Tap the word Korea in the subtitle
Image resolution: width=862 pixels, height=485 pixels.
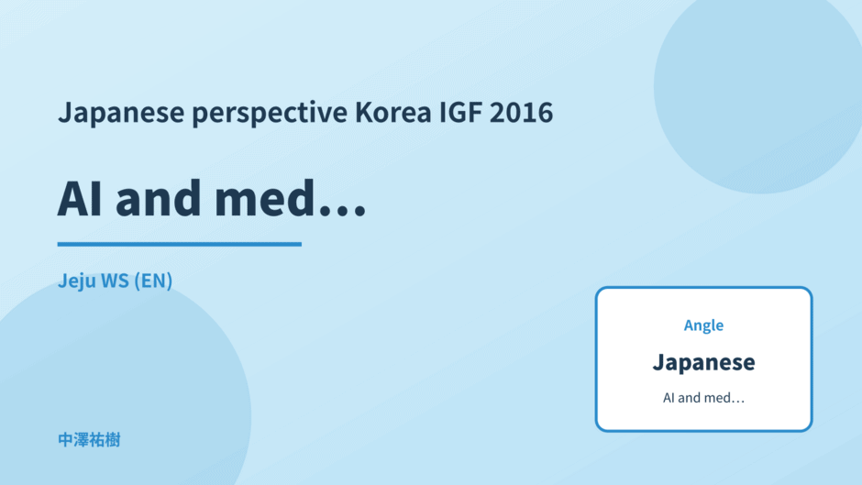[x=393, y=112]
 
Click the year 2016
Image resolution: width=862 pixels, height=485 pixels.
[x=521, y=112]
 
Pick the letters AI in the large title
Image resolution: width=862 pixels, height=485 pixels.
[x=80, y=199]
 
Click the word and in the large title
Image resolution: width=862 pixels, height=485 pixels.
[x=159, y=197]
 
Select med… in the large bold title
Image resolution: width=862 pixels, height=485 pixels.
[x=290, y=197]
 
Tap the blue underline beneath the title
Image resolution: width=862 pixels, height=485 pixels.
[x=179, y=244]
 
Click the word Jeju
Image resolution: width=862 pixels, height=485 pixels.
[x=76, y=281]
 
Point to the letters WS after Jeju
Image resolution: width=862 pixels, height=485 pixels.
[x=115, y=281]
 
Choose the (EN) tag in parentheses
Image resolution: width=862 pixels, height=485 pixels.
[x=153, y=281]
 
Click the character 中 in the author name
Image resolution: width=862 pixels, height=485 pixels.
[x=65, y=440]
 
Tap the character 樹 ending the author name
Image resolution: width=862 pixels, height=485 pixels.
[x=113, y=440]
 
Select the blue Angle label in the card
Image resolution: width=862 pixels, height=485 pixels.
[x=703, y=325]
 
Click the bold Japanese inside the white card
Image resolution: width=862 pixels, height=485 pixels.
[x=703, y=362]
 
